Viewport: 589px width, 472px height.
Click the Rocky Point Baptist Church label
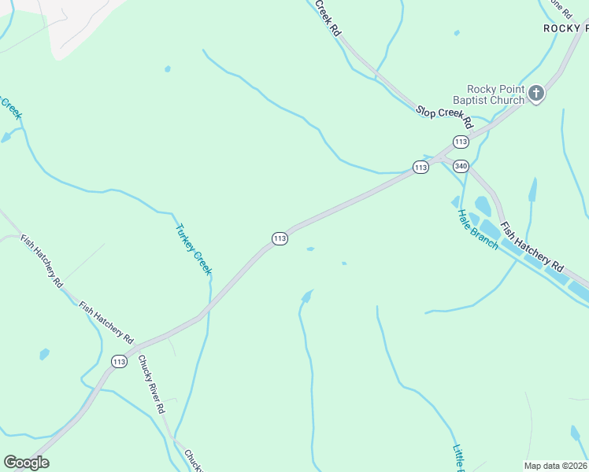click(495, 94)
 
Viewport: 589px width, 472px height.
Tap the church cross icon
click(535, 94)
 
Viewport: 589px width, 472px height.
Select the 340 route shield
click(461, 166)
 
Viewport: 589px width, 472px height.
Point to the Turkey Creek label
click(193, 250)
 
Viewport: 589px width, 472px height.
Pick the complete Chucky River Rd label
click(150, 385)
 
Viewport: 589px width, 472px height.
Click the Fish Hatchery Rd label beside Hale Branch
click(533, 244)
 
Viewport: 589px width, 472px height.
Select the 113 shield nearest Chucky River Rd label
click(119, 362)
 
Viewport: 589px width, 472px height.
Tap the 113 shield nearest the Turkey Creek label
click(280, 238)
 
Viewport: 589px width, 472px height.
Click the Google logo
click(26, 462)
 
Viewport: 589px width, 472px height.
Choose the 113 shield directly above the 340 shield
click(461, 142)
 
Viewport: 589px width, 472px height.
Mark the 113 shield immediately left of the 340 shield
click(420, 168)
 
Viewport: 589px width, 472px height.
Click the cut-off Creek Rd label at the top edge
click(328, 18)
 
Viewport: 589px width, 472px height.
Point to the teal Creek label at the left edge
click(12, 109)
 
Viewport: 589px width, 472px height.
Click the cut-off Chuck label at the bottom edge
click(194, 460)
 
